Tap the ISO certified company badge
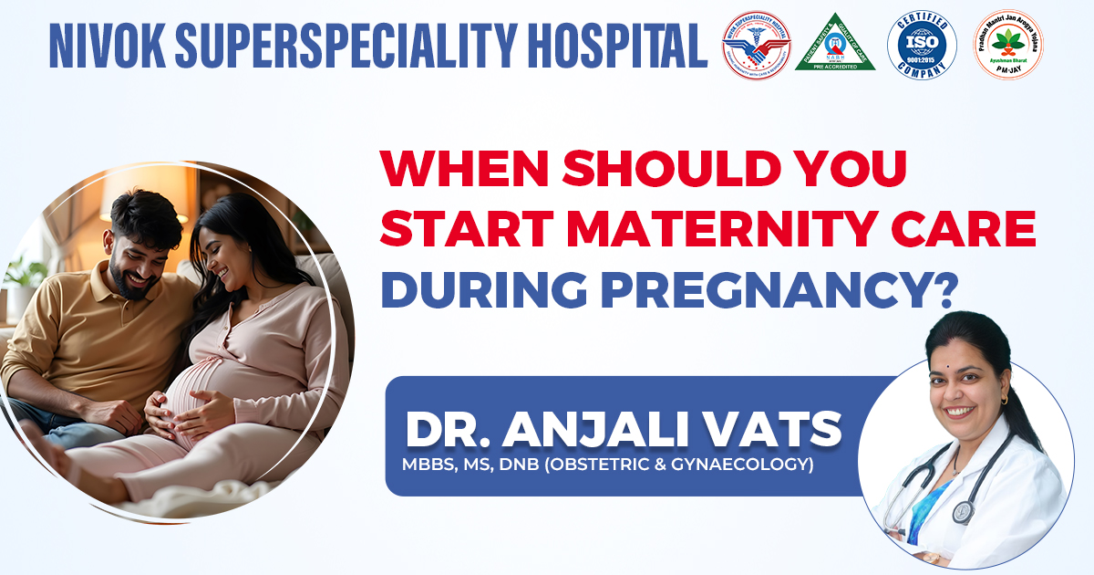(x=922, y=47)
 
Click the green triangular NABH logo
(x=835, y=46)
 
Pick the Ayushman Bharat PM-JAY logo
(x=1009, y=46)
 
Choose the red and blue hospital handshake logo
(x=756, y=46)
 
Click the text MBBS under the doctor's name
(x=428, y=465)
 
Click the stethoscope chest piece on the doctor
(x=962, y=512)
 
